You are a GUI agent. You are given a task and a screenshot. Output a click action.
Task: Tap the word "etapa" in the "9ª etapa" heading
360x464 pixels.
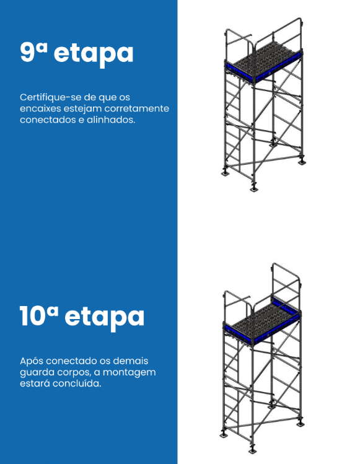pos(94,54)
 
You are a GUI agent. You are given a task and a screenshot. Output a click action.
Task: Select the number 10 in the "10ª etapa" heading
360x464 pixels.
pos(33,315)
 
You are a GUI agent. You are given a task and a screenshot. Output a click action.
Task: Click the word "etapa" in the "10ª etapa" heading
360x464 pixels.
pos(104,318)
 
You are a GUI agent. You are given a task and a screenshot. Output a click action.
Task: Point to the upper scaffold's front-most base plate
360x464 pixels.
pos(253,189)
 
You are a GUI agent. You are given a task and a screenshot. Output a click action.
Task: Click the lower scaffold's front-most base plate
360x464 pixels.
pos(252,450)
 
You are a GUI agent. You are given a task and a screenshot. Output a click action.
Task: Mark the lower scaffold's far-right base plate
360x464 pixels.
pos(301,424)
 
